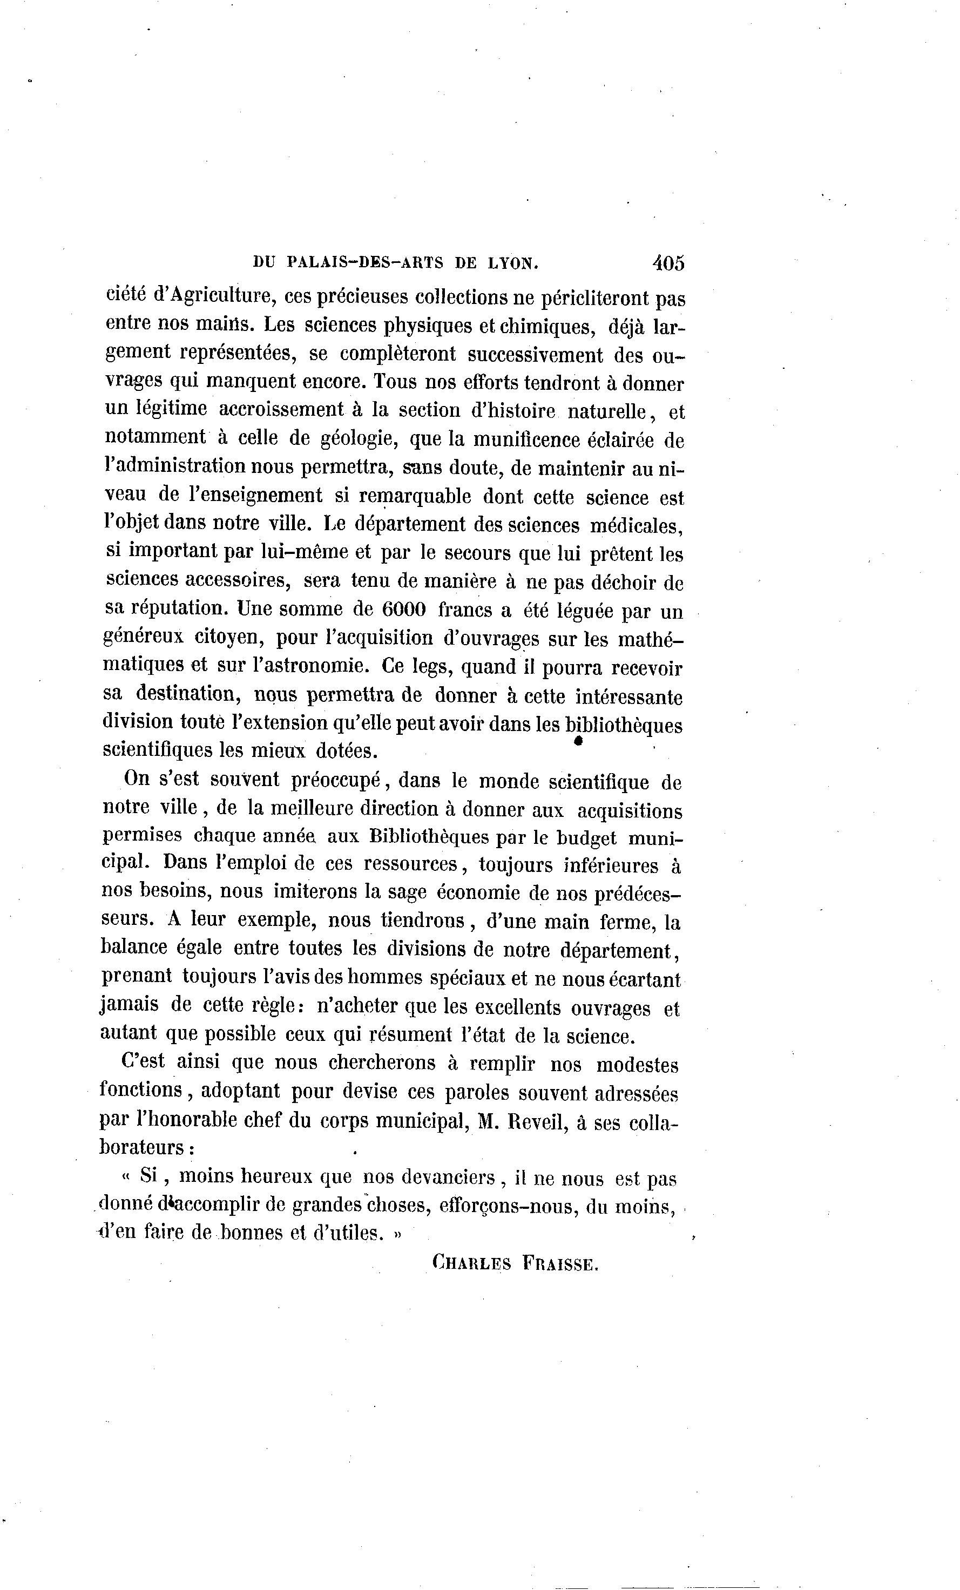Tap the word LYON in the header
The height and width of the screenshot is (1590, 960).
point(512,263)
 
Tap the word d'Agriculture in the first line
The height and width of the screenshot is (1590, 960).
point(211,297)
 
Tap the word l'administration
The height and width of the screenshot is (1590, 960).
point(175,466)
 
